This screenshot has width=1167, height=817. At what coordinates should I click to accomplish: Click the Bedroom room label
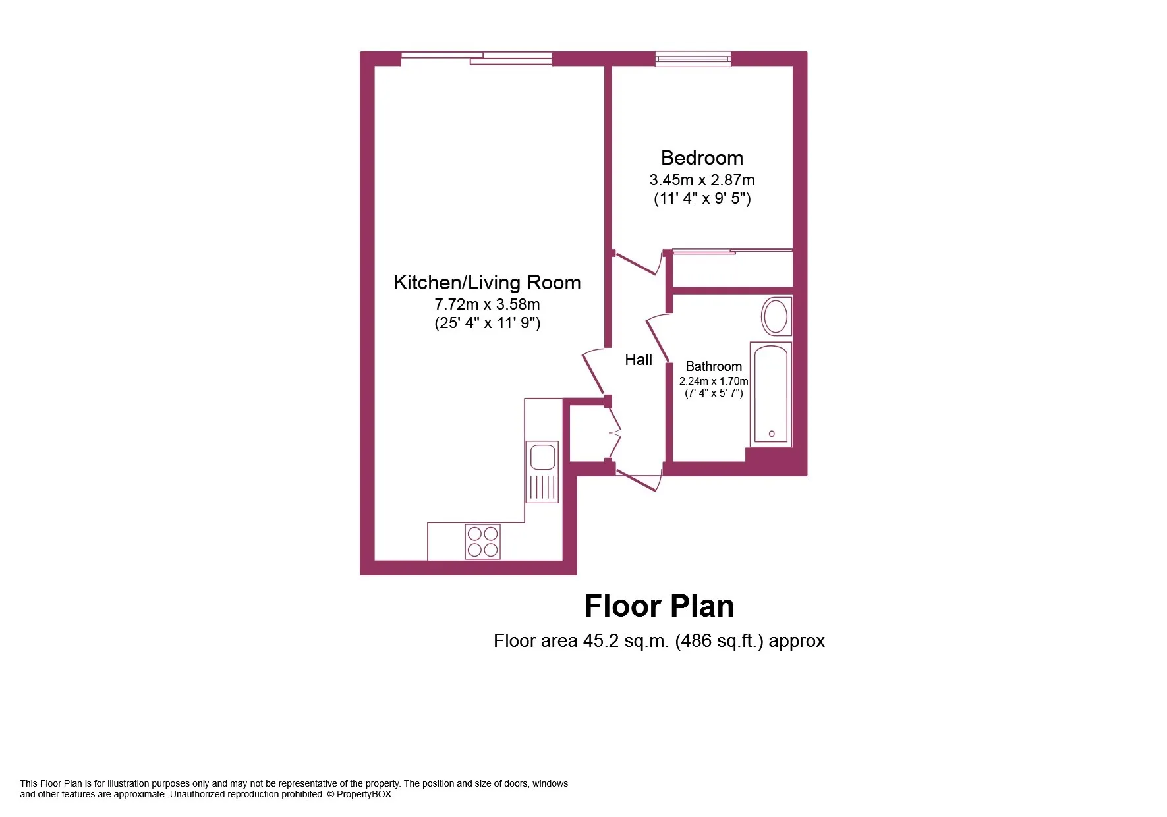702,158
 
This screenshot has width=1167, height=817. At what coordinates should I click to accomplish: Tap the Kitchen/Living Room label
487,283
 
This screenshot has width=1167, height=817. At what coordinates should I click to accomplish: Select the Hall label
639,360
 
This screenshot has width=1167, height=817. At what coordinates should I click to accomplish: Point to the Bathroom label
714,366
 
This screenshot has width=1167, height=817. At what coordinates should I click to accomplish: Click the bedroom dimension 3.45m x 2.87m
702,180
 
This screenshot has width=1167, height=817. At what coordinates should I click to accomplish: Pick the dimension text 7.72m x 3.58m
487,304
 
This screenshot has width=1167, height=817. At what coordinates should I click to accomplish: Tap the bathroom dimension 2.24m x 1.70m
714,381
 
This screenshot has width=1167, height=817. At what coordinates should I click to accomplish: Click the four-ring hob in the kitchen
482,542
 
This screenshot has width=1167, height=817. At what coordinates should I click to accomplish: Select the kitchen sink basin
543,457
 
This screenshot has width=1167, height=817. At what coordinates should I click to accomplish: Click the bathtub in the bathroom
771,394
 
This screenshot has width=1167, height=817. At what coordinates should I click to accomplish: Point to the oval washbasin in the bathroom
776,316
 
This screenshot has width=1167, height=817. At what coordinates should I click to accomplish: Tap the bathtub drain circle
772,434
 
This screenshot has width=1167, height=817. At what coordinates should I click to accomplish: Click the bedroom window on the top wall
693,59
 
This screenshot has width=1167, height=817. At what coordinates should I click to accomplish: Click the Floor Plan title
659,606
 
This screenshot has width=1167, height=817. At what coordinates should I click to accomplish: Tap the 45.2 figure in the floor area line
601,640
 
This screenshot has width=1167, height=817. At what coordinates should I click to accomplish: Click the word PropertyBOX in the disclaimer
364,794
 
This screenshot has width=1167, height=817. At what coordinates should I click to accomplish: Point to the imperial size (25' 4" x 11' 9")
487,323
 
